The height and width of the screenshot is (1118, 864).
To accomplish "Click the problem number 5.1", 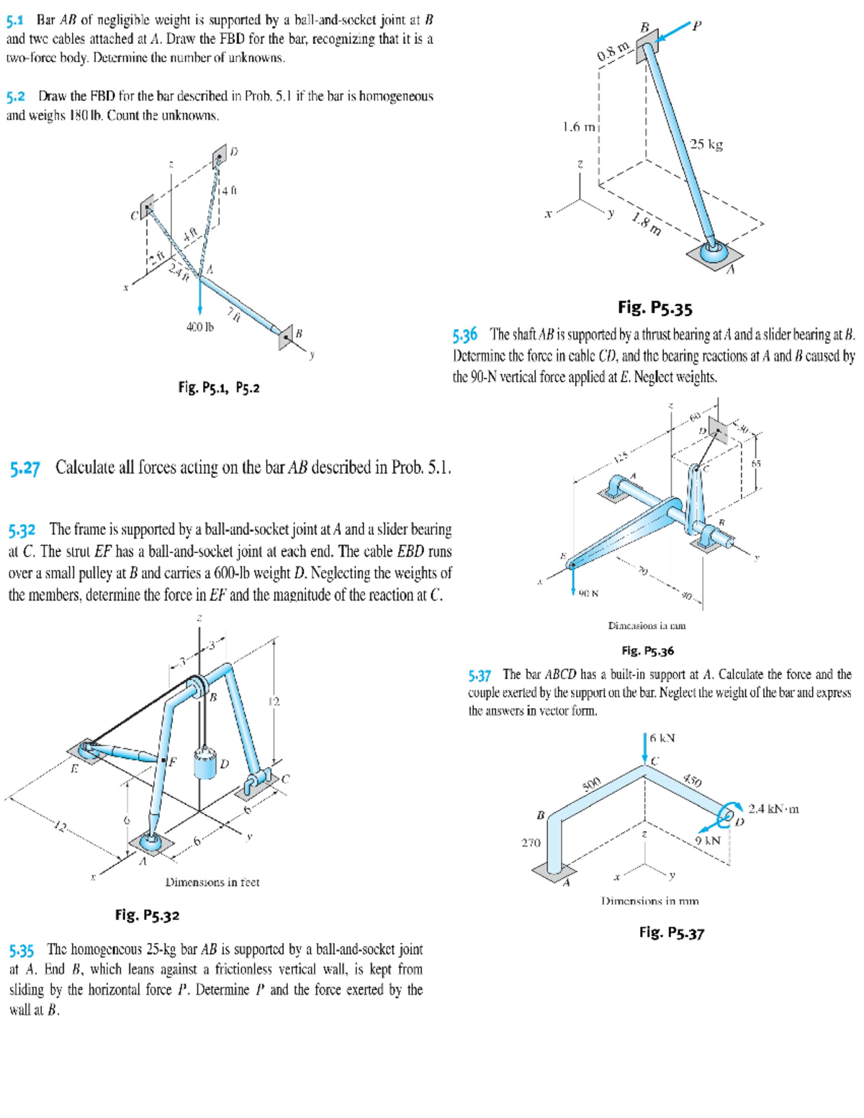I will (17, 20).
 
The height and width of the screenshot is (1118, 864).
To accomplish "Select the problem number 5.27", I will (25, 469).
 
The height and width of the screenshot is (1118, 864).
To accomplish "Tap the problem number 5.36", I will (465, 335).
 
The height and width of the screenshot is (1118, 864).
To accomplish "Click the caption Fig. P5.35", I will (654, 308).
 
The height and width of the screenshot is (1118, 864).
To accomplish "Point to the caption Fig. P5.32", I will (147, 916).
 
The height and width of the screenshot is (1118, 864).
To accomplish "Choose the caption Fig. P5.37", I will (671, 933).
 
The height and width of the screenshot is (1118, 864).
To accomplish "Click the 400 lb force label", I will (200, 328).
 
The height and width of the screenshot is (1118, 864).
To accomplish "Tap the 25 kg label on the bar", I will (706, 144).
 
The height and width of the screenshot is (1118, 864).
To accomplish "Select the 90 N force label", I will (588, 593).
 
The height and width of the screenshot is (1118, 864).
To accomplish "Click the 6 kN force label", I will (662, 738).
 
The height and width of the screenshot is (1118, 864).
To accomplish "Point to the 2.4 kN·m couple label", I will (773, 808).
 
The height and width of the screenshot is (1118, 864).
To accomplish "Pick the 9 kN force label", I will (708, 840).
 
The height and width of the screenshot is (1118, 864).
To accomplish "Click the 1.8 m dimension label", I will (646, 225).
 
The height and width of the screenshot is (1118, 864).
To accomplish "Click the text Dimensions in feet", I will (212, 882).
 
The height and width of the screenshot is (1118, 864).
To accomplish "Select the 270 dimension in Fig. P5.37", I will (531, 842).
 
